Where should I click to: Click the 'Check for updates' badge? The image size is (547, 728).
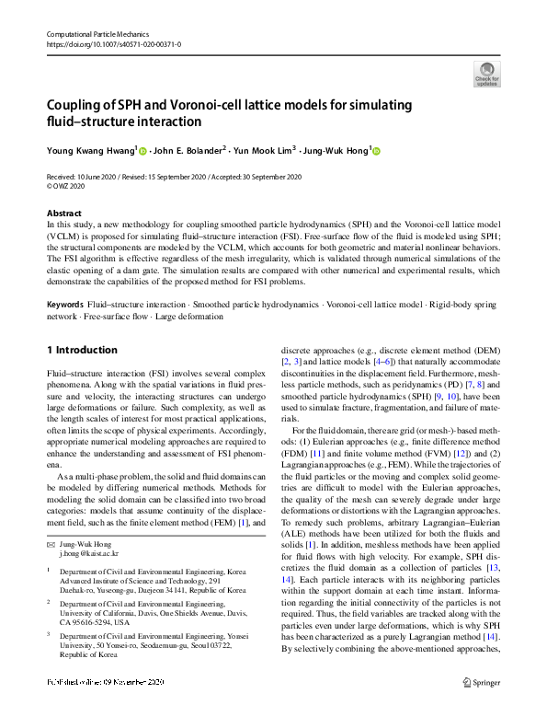(486, 73)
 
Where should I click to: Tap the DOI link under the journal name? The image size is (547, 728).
(113, 43)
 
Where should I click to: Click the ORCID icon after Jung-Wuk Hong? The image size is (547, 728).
(377, 150)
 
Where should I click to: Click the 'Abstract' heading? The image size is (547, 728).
(63, 213)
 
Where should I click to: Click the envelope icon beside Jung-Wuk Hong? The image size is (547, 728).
(51, 519)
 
